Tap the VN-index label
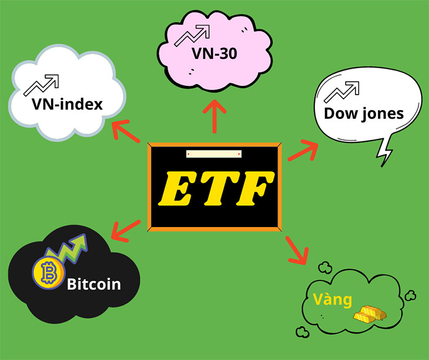(x=67, y=105)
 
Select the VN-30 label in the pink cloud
(x=214, y=54)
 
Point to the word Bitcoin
(x=94, y=285)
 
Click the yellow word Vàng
(x=332, y=300)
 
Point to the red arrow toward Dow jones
(x=303, y=151)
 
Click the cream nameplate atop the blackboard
(x=214, y=154)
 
